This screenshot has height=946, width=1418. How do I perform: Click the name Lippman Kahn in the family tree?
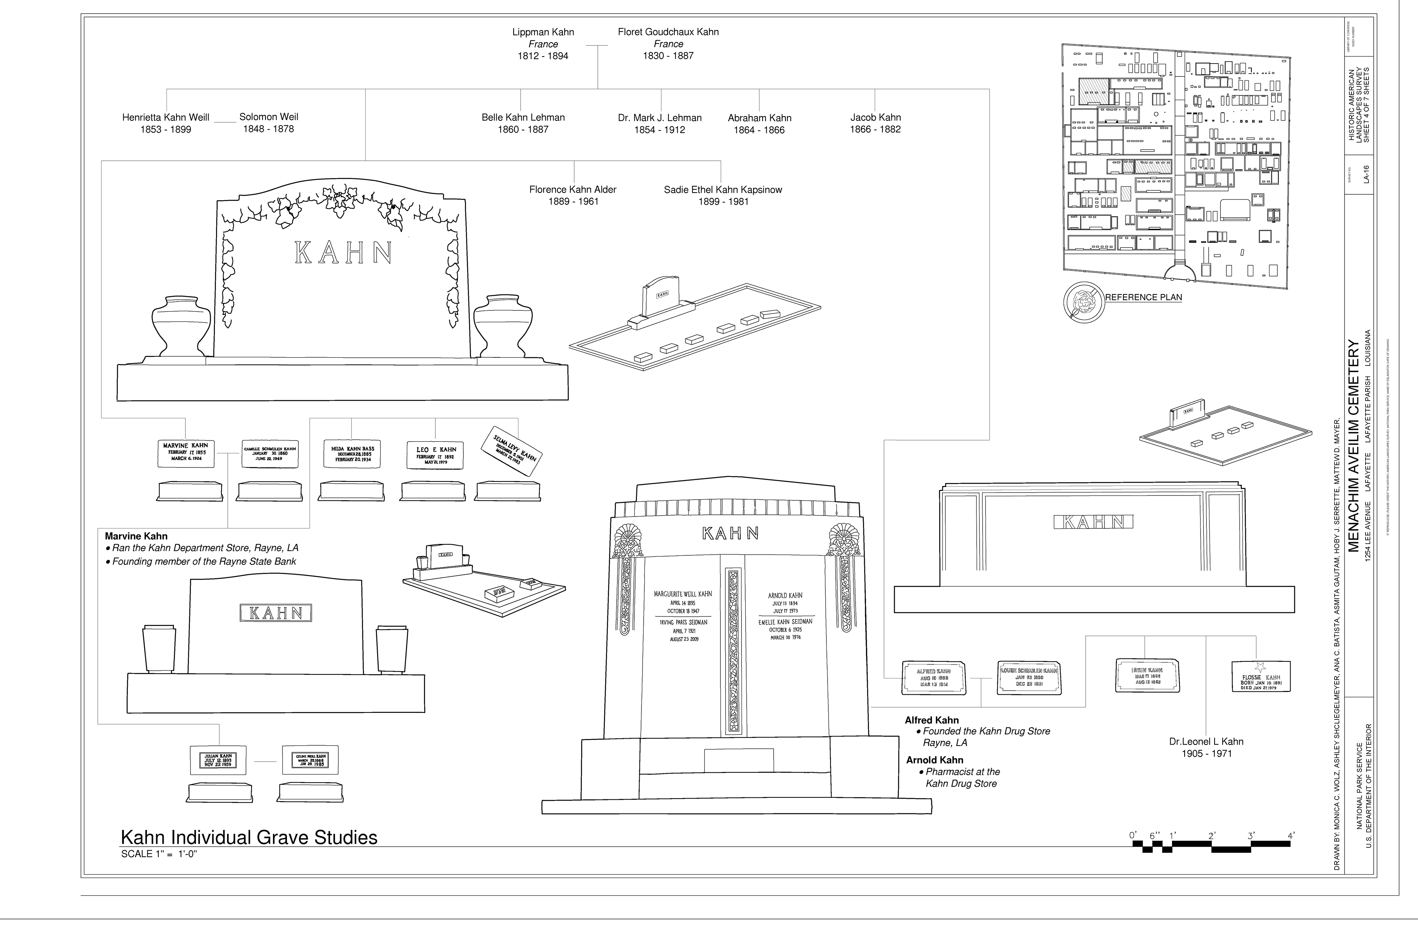542,32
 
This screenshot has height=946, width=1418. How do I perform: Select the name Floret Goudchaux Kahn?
668,32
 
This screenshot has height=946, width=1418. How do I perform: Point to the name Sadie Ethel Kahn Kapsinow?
723,190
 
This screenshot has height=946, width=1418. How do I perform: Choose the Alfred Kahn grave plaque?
933,677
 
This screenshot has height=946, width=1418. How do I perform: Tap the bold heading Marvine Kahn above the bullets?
136,536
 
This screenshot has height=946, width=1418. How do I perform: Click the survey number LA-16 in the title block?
1367,174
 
